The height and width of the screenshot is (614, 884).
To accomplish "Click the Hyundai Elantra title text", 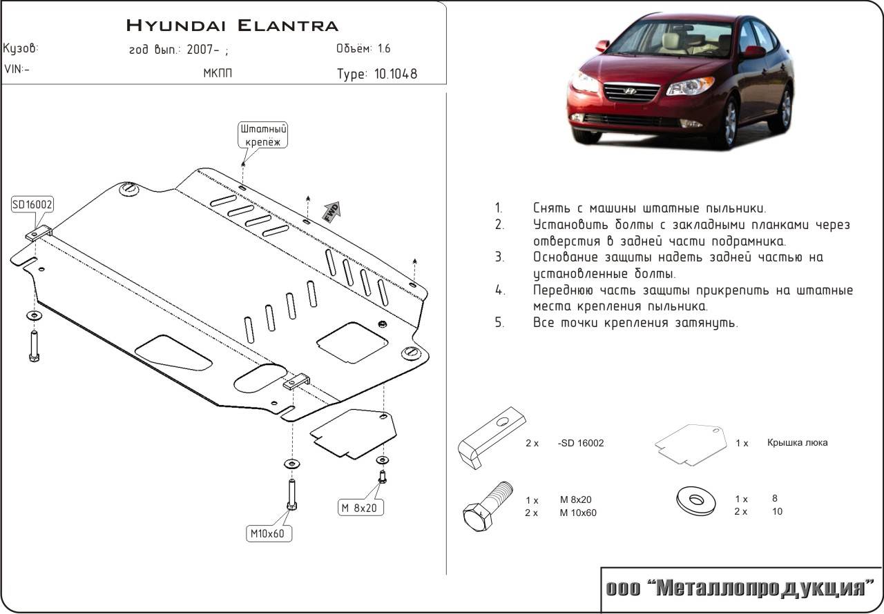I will point(232,26).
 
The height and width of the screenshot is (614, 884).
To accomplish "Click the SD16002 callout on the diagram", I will point(32,205).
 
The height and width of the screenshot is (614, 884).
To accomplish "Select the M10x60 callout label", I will point(268,533).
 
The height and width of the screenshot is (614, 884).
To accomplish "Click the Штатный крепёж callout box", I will point(263,135).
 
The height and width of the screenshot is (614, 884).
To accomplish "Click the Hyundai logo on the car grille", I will point(629,90).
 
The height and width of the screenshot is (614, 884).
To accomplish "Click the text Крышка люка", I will point(796,443).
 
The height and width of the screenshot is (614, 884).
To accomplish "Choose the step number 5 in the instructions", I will point(499,322).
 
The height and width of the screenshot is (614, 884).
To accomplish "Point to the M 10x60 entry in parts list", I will point(578,513).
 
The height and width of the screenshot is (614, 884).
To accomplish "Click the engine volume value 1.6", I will point(384,49).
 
